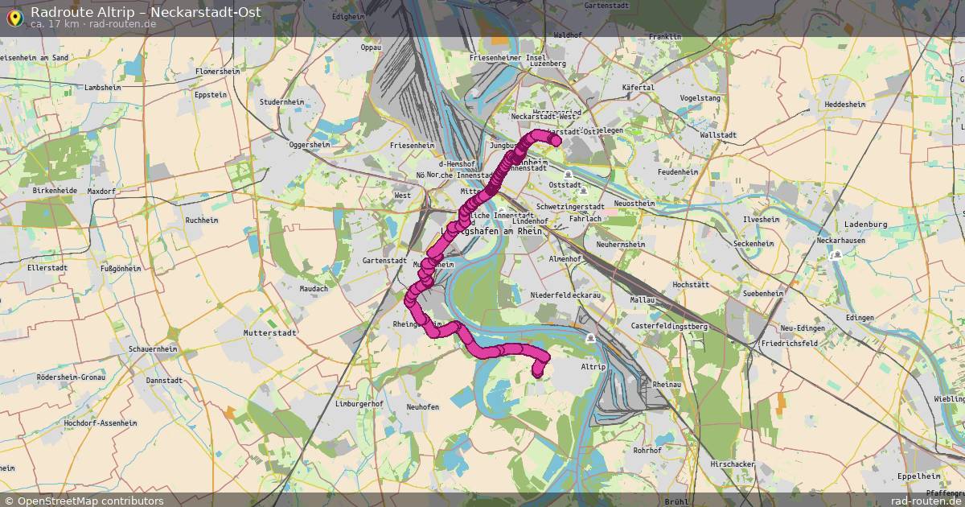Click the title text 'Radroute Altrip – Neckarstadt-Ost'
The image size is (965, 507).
coord(146,11)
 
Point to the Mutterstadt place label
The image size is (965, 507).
coord(270,332)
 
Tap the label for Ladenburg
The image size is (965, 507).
coord(864,225)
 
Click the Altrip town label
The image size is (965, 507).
coord(593,366)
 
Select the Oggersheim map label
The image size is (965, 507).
coord(310,145)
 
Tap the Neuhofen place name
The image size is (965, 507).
coord(423,407)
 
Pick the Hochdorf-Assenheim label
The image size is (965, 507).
coord(101,422)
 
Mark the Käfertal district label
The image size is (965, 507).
coord(638,87)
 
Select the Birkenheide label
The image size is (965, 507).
coord(55,191)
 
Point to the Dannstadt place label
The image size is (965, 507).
coord(164,380)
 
